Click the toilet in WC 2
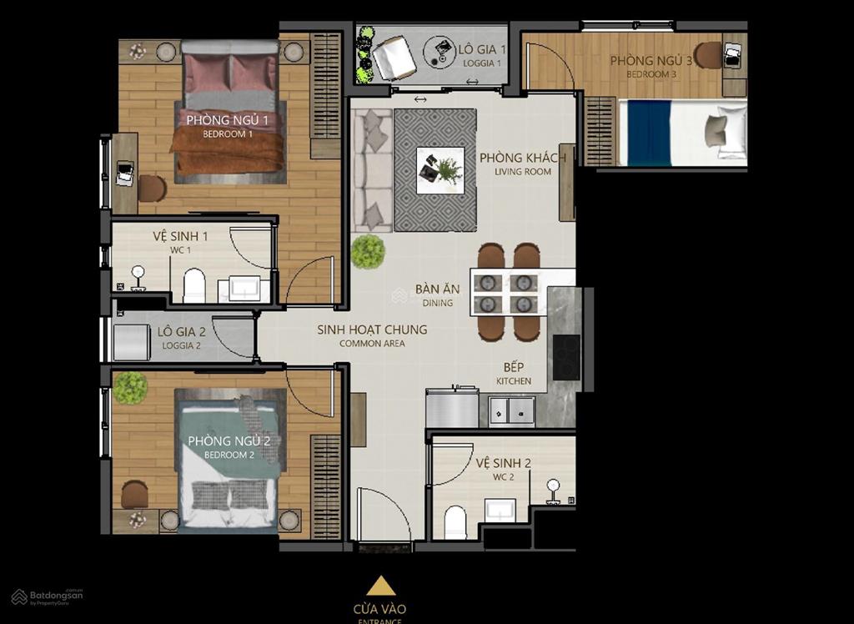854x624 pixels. pyautogui.click(x=455, y=524)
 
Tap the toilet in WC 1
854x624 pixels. pyautogui.click(x=194, y=285)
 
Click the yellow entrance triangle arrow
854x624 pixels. pyautogui.click(x=380, y=586)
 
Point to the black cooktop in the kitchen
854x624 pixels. pyautogui.click(x=566, y=356)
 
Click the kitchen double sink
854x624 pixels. pyautogui.click(x=511, y=410)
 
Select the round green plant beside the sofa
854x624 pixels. pyautogui.click(x=367, y=252)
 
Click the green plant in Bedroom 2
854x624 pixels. pyautogui.click(x=130, y=388)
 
